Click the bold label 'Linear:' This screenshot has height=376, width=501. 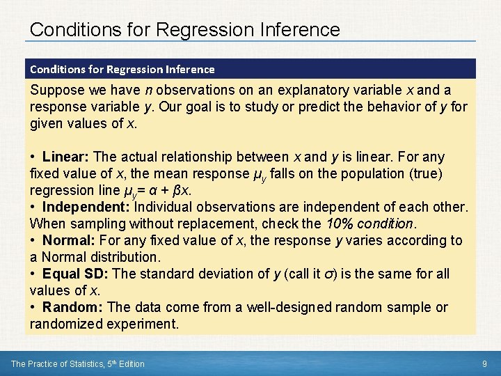65,157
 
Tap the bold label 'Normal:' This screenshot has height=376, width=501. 70,241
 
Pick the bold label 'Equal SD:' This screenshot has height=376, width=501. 75,274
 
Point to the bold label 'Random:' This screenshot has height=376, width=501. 72,308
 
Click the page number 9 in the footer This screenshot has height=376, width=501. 484,363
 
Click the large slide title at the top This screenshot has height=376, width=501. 185,30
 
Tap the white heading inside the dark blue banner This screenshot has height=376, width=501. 122,69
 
